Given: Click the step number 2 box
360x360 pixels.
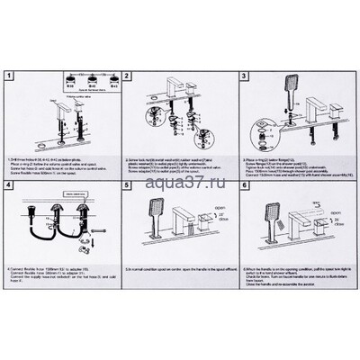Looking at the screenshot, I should pyautogui.click(x=129, y=77).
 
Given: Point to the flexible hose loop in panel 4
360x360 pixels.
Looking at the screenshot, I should pyautogui.click(x=45, y=236).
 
